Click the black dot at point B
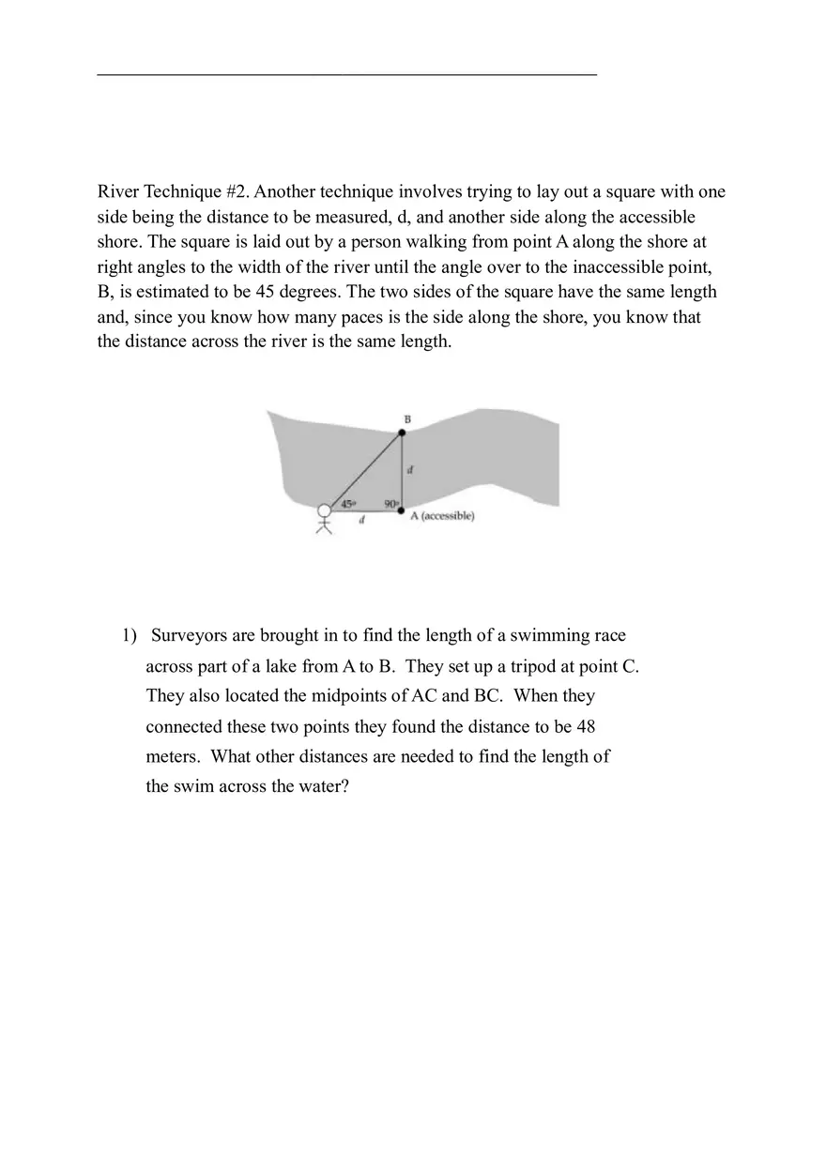pos(402,433)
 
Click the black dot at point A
pos(402,511)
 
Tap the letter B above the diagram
pos(407,418)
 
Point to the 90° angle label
pos(390,504)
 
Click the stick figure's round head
pos(325,511)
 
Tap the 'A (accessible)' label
pos(443,516)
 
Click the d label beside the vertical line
pos(411,470)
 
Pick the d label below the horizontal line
pos(361,521)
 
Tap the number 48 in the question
pos(586,727)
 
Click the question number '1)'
pos(129,636)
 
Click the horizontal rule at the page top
pos(347,73)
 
